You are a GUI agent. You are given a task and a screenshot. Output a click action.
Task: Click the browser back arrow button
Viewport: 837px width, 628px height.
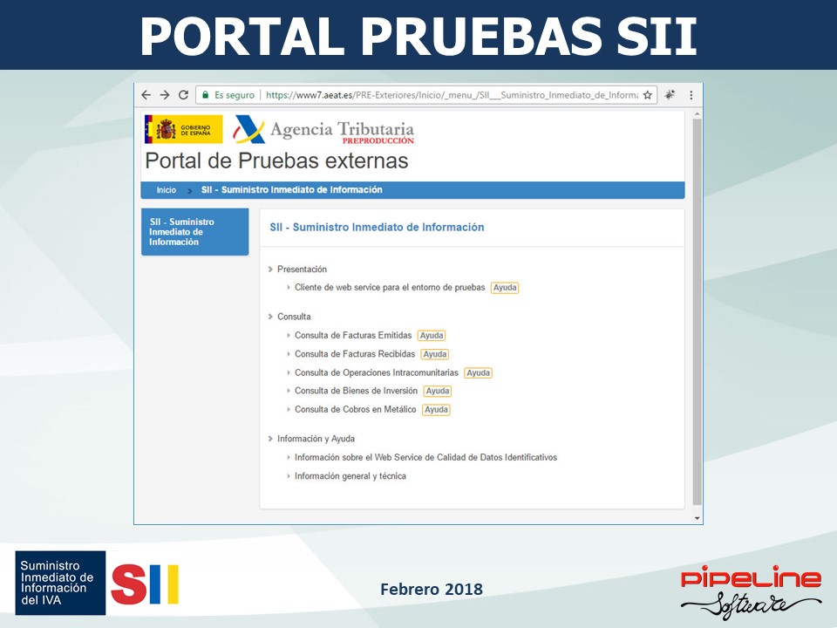[x=146, y=95]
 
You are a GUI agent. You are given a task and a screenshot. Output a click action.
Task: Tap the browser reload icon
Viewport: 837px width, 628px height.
[x=184, y=95]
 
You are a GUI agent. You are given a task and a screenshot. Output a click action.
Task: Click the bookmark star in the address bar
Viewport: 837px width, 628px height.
[x=648, y=95]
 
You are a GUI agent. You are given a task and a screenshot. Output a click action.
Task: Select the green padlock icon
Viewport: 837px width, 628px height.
[x=205, y=95]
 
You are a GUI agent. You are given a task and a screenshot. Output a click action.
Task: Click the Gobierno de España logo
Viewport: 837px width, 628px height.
[x=184, y=129]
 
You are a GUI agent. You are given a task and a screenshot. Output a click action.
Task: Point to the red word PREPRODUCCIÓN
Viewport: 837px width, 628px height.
[x=378, y=141]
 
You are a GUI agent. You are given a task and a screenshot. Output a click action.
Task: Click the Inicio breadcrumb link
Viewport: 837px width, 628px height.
[x=166, y=190]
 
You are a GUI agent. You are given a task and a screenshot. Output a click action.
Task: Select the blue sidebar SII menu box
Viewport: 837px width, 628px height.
[x=194, y=232]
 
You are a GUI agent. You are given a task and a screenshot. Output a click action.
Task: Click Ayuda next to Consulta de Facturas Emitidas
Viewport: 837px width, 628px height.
[x=432, y=335]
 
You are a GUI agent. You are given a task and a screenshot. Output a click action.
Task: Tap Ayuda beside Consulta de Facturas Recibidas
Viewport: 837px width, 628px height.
[x=435, y=354]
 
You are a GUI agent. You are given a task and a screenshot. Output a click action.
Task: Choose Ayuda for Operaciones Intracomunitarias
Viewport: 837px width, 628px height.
[x=479, y=372]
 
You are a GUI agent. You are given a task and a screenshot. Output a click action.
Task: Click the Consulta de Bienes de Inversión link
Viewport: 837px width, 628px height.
[x=356, y=391]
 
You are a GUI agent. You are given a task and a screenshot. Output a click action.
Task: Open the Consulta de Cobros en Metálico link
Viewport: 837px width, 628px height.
[x=356, y=410]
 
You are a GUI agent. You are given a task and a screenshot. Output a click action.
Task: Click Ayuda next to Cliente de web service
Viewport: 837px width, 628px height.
[x=505, y=287]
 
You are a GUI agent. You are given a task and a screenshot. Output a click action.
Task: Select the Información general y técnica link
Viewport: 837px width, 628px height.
[x=350, y=476]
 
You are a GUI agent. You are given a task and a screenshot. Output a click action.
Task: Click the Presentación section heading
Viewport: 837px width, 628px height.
[x=303, y=270]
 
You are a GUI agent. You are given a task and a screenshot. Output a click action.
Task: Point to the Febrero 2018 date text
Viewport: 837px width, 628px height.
[x=432, y=589]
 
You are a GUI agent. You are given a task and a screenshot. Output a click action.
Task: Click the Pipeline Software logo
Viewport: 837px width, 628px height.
[x=751, y=591]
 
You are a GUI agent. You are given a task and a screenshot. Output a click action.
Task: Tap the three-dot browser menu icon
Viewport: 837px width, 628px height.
[x=691, y=95]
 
